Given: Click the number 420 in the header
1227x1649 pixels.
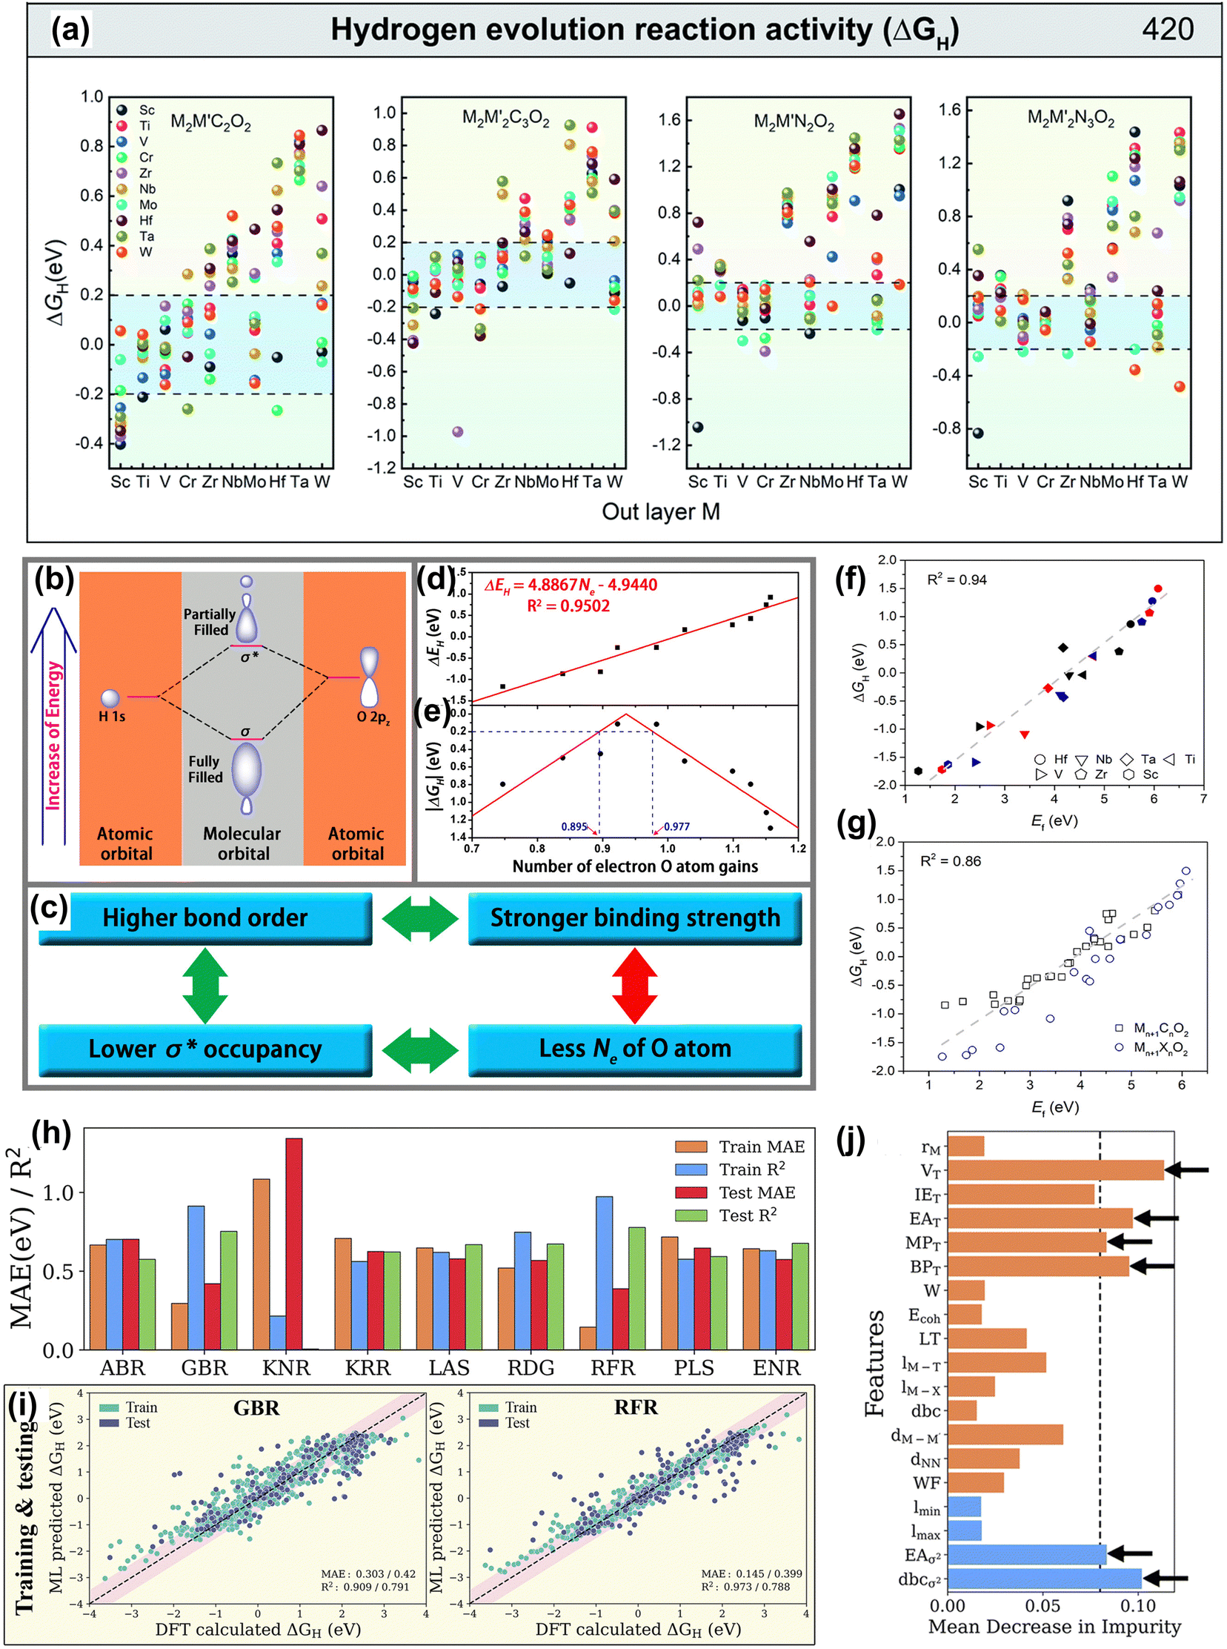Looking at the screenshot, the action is [1167, 29].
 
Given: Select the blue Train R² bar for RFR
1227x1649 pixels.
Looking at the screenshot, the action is [604, 1273].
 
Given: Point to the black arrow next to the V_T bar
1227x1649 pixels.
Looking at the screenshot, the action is [1186, 1171].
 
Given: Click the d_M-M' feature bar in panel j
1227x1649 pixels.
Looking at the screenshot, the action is [1005, 1434].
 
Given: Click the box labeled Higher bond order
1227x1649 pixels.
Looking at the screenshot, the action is [205, 918].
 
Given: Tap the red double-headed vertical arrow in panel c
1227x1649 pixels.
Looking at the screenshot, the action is [634, 986].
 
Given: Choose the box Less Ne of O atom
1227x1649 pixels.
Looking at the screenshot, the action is [634, 1049].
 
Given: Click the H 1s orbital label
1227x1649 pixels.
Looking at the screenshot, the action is [112, 717].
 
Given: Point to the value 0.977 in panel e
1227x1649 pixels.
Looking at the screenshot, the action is [676, 827].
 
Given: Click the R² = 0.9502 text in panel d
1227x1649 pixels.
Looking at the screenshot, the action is [568, 606].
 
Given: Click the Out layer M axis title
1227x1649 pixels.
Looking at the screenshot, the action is [660, 512].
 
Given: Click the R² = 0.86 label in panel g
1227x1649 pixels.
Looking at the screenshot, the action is [951, 861].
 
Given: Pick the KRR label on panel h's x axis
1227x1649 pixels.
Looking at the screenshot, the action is [368, 1368].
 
